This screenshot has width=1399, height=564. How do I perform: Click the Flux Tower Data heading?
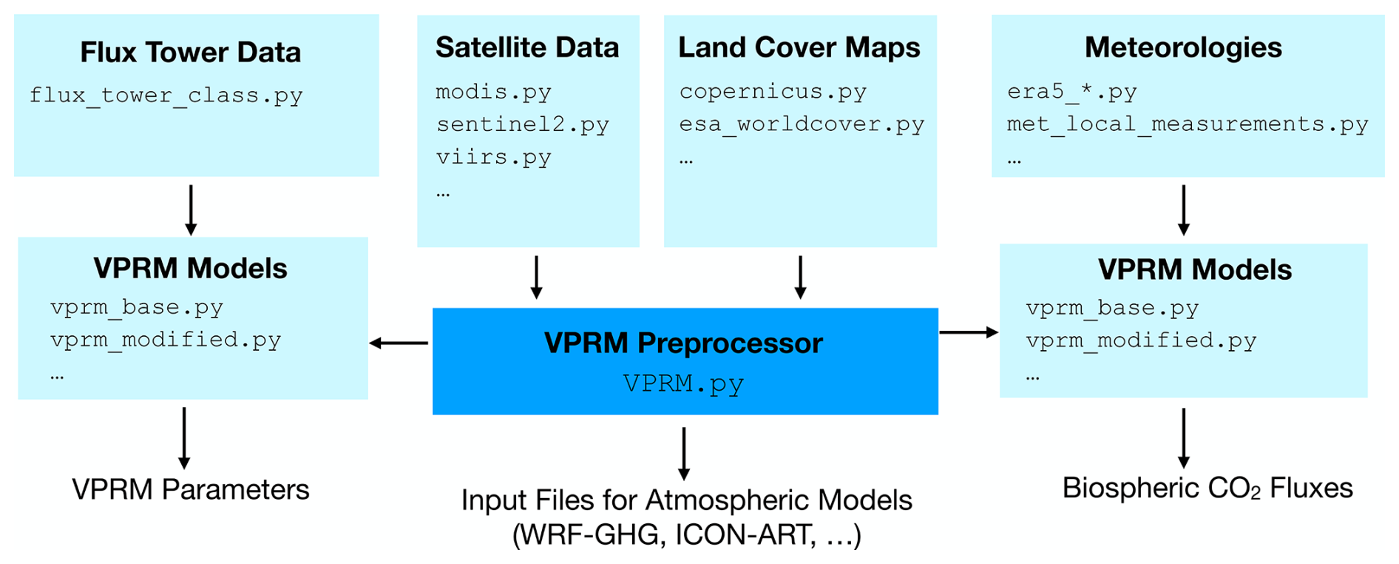point(190,53)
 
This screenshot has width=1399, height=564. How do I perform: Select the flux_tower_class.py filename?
point(166,95)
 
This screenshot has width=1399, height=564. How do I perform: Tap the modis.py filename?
point(493,92)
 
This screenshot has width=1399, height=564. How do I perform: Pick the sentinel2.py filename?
point(522,124)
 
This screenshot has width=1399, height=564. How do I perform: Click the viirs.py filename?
point(493,157)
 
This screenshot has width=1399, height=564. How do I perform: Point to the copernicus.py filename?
point(773,91)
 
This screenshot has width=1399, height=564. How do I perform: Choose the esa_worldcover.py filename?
point(802,124)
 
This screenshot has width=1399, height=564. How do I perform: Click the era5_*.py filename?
point(1071,92)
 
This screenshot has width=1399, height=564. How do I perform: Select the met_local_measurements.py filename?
point(1187,124)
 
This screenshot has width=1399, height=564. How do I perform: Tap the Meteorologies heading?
point(1183,47)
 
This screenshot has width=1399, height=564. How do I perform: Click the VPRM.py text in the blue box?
point(683,383)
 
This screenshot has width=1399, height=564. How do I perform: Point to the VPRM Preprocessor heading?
point(683,343)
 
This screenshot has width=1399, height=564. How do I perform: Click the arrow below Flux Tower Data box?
point(191,210)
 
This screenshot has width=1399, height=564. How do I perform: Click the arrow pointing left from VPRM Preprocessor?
point(399,343)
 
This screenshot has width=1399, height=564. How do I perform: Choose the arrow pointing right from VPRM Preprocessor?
point(969,332)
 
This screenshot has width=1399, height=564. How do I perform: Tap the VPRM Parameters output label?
point(190,489)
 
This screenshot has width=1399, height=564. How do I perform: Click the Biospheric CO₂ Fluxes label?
point(1207,489)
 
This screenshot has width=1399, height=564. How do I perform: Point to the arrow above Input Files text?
point(684,453)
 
